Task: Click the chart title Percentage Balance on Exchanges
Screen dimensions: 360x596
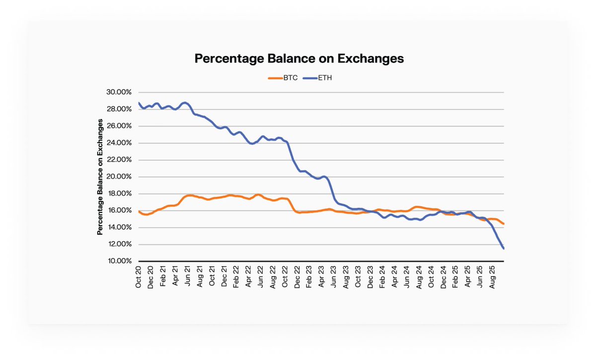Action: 298,59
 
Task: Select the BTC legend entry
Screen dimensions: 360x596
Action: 283,78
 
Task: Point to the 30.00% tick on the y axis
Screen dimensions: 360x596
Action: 118,92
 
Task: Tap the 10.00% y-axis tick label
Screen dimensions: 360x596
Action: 118,261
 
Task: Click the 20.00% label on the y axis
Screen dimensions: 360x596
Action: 118,177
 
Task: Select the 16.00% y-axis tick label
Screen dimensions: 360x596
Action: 118,211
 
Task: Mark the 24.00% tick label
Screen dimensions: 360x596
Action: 118,143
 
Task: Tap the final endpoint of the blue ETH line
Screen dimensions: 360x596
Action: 504,248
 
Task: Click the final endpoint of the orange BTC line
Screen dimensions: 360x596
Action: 504,223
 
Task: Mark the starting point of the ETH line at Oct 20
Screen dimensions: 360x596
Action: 139,103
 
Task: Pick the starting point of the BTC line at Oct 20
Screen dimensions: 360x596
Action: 139,212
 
